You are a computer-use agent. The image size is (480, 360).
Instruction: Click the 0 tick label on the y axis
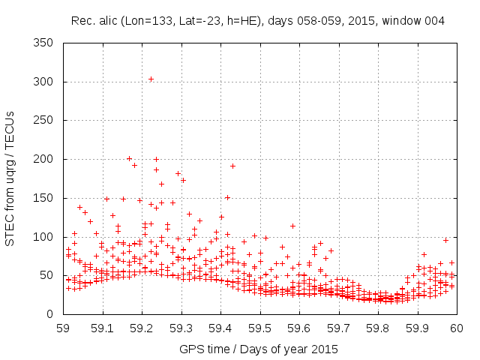point(52,314)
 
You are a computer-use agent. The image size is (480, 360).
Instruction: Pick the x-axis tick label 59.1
point(103,328)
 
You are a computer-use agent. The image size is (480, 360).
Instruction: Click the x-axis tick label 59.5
point(259,328)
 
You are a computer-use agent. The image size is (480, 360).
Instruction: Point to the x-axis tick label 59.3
point(181,328)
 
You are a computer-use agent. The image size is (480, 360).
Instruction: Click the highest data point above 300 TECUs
point(151,79)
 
